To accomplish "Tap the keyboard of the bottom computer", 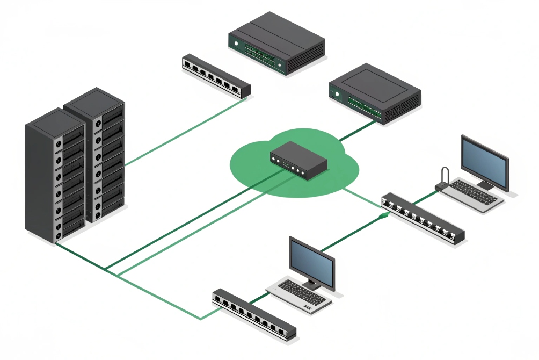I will [x=298, y=296].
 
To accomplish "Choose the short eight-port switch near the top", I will [x=216, y=75].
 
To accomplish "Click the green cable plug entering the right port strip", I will [x=382, y=215].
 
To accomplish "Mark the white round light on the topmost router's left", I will [x=235, y=41].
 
